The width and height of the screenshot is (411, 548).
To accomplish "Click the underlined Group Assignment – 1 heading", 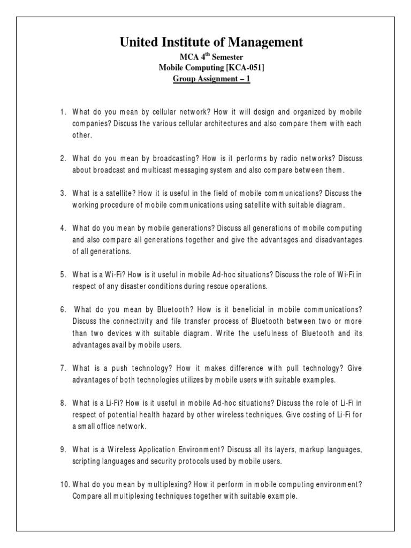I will [x=211, y=79].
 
